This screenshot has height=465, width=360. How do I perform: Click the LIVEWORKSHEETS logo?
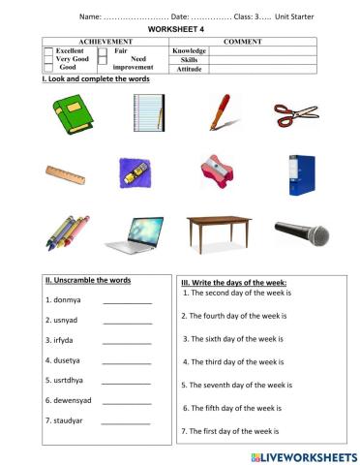pyautogui.click(x=302, y=454)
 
